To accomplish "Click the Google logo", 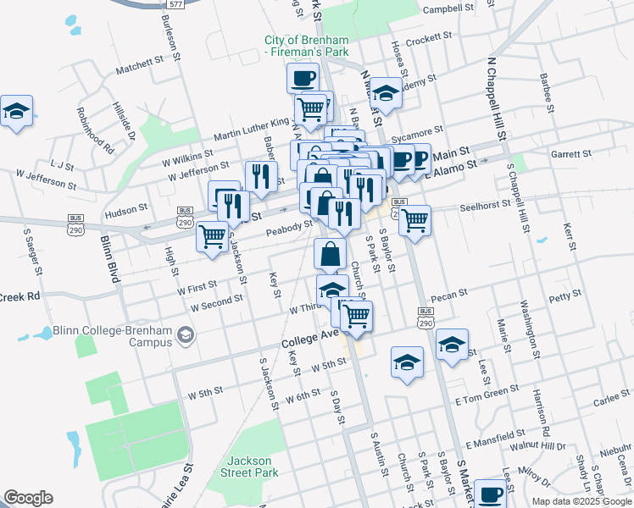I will (x=28, y=498).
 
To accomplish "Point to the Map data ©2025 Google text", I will (x=581, y=501).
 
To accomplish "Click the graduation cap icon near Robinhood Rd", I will (x=16, y=111).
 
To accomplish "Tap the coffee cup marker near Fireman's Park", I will (x=303, y=80).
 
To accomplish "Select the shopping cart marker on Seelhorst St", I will (x=414, y=220).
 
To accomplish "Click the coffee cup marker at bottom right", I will (x=490, y=494).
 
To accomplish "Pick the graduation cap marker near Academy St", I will (x=386, y=93).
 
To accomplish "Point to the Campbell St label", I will (x=448, y=9).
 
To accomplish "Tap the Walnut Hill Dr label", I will (x=537, y=445).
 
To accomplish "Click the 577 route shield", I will (x=176, y=4).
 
